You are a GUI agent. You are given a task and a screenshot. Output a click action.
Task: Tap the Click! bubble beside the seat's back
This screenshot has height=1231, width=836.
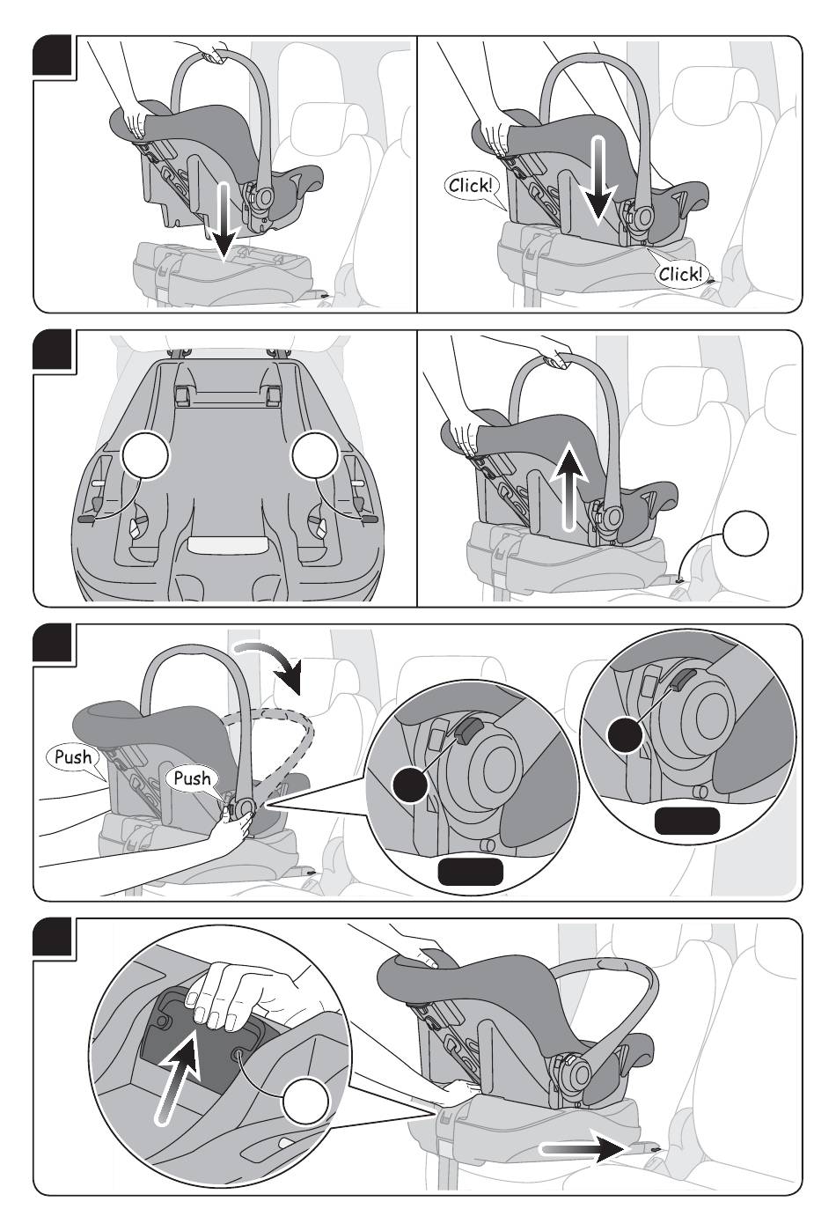[x=470, y=185]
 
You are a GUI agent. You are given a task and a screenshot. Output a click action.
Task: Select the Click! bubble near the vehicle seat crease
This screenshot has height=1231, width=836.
[x=680, y=274]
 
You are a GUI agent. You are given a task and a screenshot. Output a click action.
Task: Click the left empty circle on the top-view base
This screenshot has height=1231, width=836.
[x=143, y=456]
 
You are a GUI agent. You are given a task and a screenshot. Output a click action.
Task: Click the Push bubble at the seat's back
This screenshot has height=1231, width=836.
[x=73, y=756]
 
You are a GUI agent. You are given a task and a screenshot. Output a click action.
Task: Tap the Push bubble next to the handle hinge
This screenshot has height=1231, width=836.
[x=192, y=778]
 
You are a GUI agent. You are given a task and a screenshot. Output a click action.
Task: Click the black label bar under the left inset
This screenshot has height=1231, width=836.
[x=470, y=872]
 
